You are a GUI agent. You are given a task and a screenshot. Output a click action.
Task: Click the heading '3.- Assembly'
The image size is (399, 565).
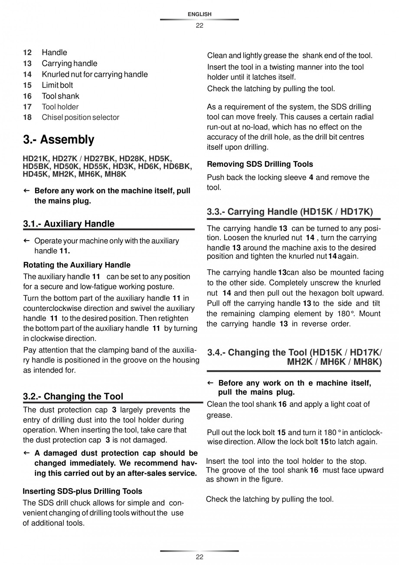59,140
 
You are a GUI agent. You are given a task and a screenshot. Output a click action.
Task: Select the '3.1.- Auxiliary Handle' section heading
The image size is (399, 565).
69,224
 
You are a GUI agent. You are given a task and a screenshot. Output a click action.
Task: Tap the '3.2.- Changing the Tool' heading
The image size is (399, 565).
73,396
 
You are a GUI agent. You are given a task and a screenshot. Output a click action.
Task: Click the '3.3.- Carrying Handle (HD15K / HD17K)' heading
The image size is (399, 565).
290,211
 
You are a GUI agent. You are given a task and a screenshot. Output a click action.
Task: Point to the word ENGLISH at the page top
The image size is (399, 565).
199,14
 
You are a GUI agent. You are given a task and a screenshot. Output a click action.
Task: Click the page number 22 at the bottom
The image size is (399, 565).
199,557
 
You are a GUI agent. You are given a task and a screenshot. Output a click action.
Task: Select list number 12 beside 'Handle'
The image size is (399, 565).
27,53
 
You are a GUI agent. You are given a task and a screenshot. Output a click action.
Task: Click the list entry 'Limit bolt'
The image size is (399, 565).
57,85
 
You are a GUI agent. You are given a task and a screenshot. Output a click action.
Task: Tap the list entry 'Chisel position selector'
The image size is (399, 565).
80,117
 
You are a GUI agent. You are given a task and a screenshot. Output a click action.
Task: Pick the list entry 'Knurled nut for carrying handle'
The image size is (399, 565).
95,74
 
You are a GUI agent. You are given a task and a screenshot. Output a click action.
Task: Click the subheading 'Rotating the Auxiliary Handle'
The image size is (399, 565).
77,265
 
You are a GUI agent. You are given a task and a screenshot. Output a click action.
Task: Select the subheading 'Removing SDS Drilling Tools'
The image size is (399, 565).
260,164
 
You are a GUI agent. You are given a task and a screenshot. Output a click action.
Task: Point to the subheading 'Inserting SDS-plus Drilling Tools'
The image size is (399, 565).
82,491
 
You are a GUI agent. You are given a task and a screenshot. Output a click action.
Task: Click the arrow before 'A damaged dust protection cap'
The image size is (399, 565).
26,453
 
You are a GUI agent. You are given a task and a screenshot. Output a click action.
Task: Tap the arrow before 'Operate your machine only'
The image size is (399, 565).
26,241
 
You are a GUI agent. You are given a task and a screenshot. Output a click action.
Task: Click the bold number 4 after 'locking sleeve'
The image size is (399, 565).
311,177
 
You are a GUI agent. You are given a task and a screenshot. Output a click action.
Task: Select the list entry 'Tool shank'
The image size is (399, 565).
60,96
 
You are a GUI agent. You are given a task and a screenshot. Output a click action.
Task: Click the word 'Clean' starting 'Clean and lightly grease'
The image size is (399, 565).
217,56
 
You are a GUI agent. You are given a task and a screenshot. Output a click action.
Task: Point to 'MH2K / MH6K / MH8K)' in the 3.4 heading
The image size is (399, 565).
334,362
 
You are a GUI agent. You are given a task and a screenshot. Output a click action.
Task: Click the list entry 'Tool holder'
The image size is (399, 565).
60,106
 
